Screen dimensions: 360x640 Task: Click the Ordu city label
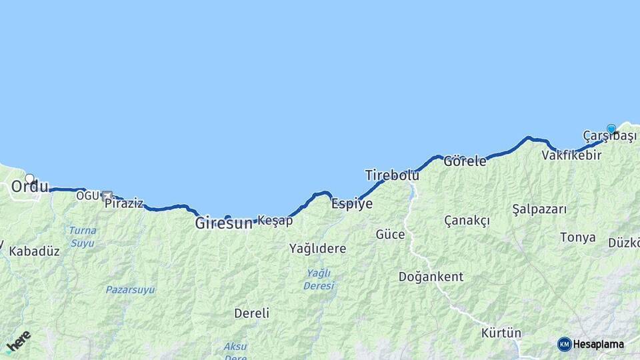(30, 187)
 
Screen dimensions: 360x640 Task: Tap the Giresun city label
(223, 224)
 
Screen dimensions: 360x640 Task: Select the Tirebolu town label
(392, 175)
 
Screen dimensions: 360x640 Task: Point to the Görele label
(465, 161)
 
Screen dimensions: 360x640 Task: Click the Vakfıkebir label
(571, 155)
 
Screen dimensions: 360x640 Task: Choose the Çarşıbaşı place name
(609, 137)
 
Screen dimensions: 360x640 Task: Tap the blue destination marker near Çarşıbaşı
(611, 129)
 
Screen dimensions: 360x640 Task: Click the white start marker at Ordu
(29, 179)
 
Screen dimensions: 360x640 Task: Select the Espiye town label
(352, 205)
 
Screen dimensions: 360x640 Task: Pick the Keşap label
(275, 221)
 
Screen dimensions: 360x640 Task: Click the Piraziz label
(124, 203)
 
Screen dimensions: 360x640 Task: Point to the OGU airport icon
(107, 195)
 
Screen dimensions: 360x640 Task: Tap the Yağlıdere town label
(317, 249)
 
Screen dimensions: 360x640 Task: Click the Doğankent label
(431, 276)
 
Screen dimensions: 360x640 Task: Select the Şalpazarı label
(539, 209)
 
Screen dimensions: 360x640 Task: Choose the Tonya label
(577, 237)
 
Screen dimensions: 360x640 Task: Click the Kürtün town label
(501, 333)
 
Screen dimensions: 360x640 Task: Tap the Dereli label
(251, 313)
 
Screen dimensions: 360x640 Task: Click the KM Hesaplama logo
(591, 344)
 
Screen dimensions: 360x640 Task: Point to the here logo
(18, 341)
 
